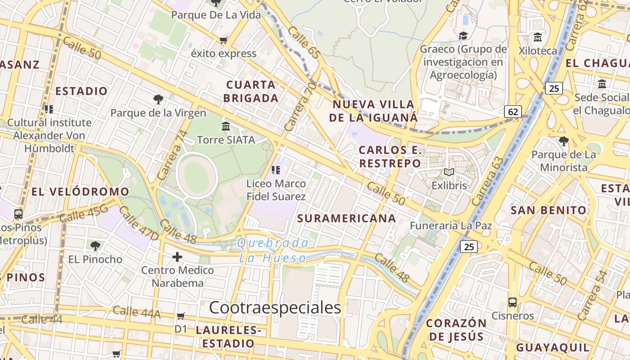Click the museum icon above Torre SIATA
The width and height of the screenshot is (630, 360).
[226, 126]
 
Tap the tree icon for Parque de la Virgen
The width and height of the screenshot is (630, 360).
[158, 99]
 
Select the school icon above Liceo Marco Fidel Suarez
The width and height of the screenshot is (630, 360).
[276, 170]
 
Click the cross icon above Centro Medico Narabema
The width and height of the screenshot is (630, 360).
[177, 257]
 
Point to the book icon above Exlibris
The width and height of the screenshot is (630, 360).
[449, 172]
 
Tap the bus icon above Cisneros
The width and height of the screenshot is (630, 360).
[512, 302]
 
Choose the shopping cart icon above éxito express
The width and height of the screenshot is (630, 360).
[223, 40]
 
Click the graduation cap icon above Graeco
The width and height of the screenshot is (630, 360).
[463, 36]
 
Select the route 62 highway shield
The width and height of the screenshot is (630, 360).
[513, 111]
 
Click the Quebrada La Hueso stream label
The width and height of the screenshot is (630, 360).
[273, 251]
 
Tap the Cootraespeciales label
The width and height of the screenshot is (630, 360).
[275, 308]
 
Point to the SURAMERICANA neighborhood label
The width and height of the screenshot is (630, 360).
[346, 219]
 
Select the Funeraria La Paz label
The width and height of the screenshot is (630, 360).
[451, 225]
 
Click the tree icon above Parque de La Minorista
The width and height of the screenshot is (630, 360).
[563, 141]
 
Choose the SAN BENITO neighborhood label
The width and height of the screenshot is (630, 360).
[549, 210]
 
